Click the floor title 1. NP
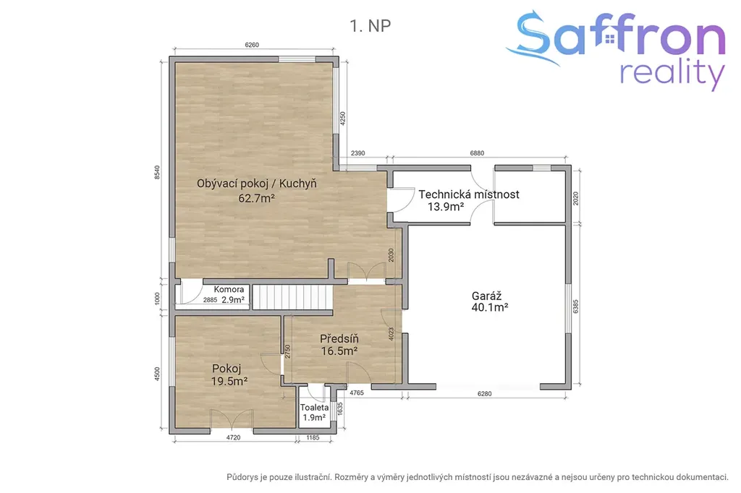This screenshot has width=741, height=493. tap(370, 25)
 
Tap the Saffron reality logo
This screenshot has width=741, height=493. tap(615, 50)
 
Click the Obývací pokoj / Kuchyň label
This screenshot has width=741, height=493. tap(257, 184)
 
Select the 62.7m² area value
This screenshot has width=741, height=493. tap(257, 198)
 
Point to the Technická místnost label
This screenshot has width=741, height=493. tap(469, 194)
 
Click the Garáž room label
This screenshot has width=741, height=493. tap(486, 296)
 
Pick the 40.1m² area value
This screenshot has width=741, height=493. tap(490, 307)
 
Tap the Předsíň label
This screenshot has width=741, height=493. tap(339, 338)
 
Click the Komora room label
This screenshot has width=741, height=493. tap(229, 289)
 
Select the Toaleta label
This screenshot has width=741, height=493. tap(314, 407)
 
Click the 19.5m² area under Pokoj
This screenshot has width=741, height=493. tap(229, 381)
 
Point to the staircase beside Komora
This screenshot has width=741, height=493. tap(292, 297)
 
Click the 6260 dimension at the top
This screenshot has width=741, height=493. tap(252, 45)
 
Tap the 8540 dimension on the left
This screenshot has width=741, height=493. tap(157, 172)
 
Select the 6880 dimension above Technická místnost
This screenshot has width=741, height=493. tap(477, 153)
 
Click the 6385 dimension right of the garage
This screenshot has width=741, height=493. tap(575, 306)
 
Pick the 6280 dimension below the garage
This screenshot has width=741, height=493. tap(484, 393)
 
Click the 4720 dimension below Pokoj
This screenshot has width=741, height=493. tap(233, 437)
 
